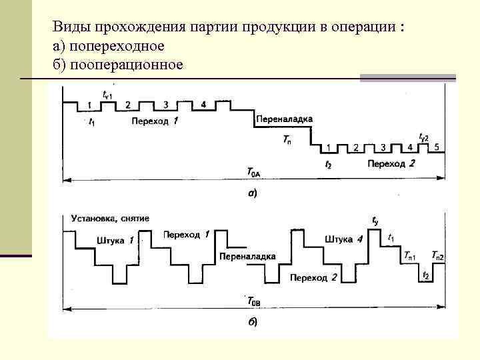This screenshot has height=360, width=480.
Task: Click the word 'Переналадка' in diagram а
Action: [x=283, y=119]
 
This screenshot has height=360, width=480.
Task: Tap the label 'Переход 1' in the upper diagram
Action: [x=155, y=121]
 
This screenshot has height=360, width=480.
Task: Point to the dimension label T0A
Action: [x=254, y=173]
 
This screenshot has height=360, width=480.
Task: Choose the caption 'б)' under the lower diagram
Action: [x=253, y=323]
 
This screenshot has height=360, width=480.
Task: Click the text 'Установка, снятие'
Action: [x=110, y=218]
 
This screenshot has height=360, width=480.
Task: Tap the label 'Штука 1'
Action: [x=115, y=240]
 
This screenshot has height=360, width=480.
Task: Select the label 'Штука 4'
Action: [x=343, y=239]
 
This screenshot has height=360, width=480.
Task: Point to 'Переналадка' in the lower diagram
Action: [x=247, y=256]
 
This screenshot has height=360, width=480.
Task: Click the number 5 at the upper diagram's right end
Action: [x=435, y=147]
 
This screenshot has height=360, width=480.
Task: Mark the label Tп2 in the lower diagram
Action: [x=438, y=255]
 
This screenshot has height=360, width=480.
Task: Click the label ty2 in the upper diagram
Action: [x=423, y=136]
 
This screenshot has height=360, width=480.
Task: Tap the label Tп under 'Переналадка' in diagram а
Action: [x=287, y=139]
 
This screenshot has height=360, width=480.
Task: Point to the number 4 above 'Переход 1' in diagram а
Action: [x=203, y=105]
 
